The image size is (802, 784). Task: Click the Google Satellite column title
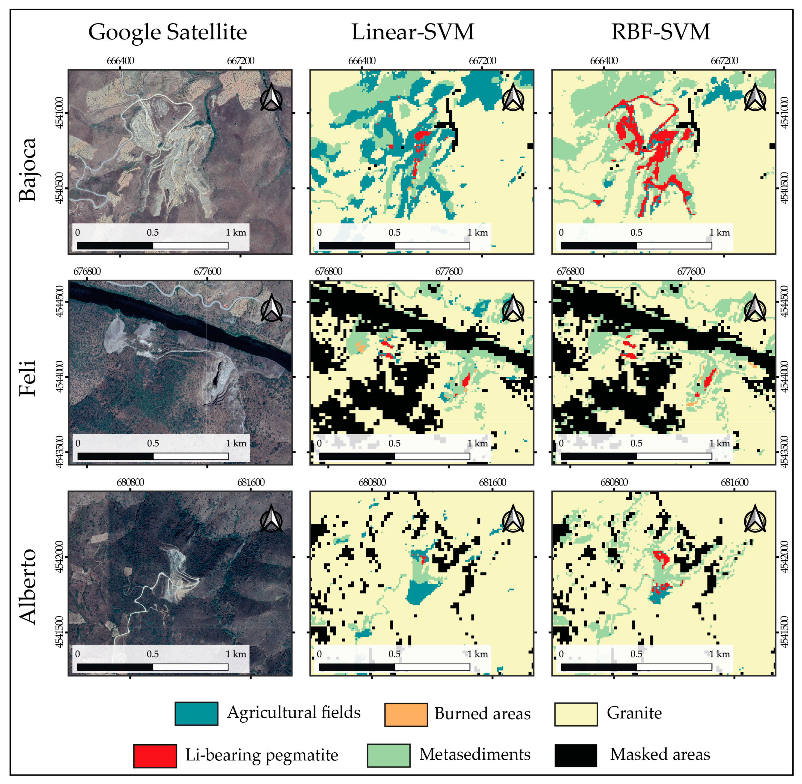point(168,32)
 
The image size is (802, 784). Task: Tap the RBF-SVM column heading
point(660,32)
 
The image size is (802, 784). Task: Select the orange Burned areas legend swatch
point(406,714)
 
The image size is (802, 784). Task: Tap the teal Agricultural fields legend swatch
point(196,714)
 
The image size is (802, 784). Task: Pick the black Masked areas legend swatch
point(576,755)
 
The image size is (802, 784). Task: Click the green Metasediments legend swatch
point(388,755)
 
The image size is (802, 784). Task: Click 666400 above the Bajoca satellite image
point(120,61)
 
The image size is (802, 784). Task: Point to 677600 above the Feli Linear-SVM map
point(449,271)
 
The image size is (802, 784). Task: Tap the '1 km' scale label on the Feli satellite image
point(236,443)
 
